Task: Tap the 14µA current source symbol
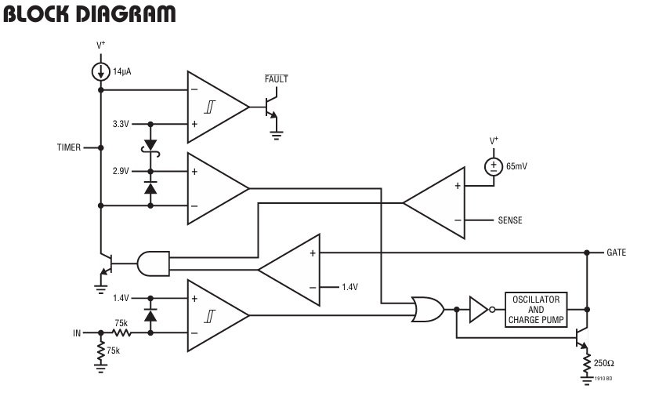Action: pyautogui.click(x=100, y=71)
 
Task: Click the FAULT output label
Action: pyautogui.click(x=276, y=79)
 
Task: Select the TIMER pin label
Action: pyautogui.click(x=68, y=147)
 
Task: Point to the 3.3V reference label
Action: pyautogui.click(x=120, y=124)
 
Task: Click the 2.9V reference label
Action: pyautogui.click(x=120, y=171)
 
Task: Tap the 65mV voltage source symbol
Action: pyautogui.click(x=494, y=165)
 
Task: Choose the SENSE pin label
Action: pyautogui.click(x=510, y=220)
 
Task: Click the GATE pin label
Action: pyautogui.click(x=617, y=252)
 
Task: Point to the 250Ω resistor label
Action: pyautogui.click(x=603, y=363)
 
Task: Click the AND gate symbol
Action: pyautogui.click(x=152, y=263)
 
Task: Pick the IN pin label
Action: pyautogui.click(x=77, y=333)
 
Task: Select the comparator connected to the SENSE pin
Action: pyautogui.click(x=433, y=202)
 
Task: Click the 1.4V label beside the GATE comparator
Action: pyautogui.click(x=349, y=287)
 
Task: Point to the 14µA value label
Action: pyautogui.click(x=121, y=71)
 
